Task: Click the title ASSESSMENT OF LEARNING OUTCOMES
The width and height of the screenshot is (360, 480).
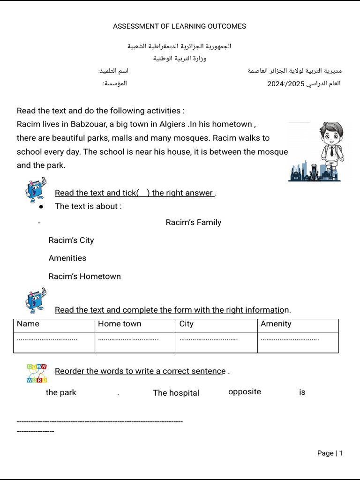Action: [180, 26]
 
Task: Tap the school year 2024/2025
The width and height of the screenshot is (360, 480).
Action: [286, 84]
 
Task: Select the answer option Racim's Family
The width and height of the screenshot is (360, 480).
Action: [193, 222]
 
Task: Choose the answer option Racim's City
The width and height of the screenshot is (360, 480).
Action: [71, 240]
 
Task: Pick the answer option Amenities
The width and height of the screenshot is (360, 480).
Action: [67, 258]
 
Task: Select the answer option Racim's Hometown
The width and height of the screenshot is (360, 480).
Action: [84, 276]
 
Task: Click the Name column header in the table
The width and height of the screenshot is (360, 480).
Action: [28, 324]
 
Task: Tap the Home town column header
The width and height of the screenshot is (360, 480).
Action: [120, 324]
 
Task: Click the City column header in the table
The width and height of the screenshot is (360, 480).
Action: [186, 324]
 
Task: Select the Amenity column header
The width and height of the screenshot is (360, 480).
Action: [276, 324]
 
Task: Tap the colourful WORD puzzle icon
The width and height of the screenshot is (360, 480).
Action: [37, 373]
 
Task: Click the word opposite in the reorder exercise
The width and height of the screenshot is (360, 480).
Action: [244, 391]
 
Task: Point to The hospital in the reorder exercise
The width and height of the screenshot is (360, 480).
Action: [176, 393]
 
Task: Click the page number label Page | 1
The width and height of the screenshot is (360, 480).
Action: [330, 453]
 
